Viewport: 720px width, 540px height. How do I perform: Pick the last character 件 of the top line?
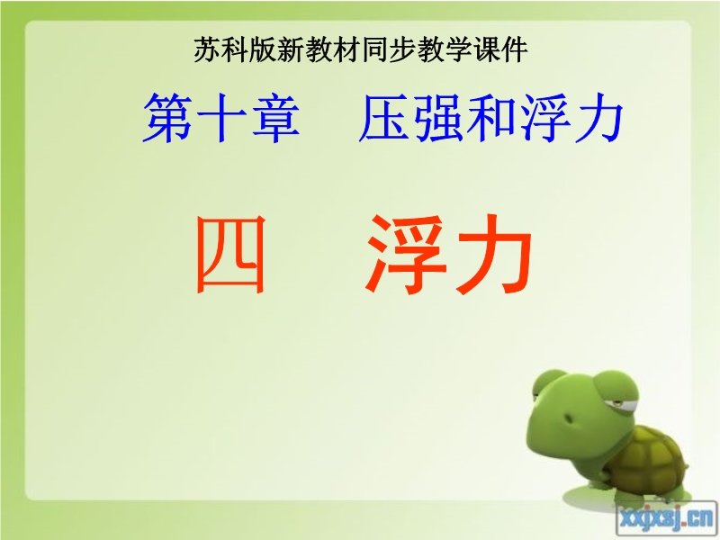[x=515, y=49]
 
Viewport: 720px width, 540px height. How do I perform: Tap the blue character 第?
[x=168, y=118]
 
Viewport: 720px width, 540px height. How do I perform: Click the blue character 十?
[x=222, y=118]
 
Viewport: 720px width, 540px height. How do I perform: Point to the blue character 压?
[x=384, y=118]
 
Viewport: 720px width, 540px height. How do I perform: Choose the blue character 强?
[x=438, y=118]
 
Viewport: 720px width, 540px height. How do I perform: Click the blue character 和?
[x=491, y=118]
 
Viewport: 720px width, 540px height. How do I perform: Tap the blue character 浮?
[x=545, y=118]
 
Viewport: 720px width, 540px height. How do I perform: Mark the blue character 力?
[x=598, y=118]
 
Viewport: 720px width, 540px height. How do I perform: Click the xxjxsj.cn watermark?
[x=666, y=519]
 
